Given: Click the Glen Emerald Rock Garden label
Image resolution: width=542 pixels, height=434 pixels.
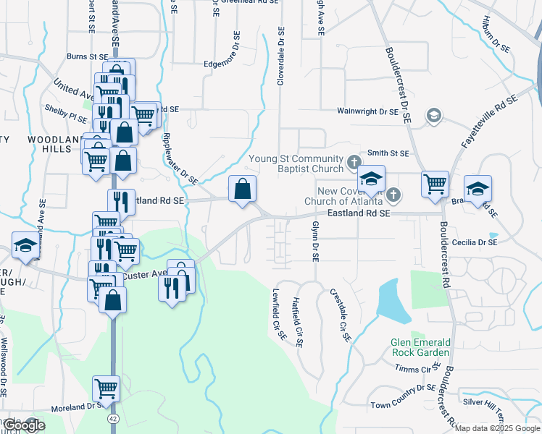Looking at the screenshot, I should [420, 347].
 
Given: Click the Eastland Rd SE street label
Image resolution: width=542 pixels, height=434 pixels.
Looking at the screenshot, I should [359, 213].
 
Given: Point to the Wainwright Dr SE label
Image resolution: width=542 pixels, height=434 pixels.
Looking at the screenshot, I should [367, 112].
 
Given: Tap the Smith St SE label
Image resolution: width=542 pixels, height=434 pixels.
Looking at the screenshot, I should [388, 153].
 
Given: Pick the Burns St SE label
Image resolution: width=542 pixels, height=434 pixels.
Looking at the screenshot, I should [87, 56].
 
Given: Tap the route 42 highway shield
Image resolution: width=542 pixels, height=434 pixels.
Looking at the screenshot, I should [112, 418].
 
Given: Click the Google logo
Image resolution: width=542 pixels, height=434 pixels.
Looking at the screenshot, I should [23, 425].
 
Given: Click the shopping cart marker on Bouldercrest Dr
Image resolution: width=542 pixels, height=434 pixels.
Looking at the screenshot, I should [435, 184].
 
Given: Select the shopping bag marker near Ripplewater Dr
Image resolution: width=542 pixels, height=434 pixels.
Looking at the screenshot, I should [243, 190].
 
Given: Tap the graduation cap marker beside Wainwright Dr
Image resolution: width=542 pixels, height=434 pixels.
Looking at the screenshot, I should [433, 115].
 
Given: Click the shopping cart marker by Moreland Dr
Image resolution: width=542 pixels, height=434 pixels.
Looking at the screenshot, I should [107, 388].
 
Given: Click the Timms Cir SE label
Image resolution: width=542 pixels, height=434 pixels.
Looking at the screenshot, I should [413, 368].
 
